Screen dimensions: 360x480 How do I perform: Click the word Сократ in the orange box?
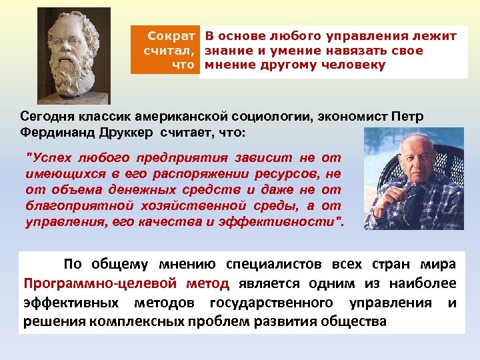tap(171, 35)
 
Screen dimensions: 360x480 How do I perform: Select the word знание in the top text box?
tap(226, 50)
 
